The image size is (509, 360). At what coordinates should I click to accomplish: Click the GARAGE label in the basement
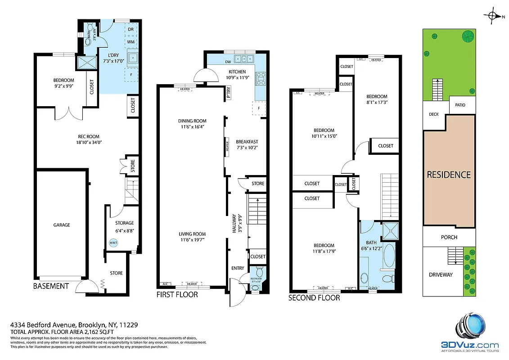tap(62, 225)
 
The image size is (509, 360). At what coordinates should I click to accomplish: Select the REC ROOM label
tap(88, 137)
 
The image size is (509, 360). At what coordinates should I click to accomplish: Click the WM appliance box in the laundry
tap(131, 42)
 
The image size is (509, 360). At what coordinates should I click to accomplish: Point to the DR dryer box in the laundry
tap(131, 30)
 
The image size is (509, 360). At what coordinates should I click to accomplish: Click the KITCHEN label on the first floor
tap(237, 72)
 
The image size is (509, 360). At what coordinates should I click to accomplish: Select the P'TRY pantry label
tap(229, 96)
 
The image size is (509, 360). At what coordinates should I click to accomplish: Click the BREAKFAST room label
tap(247, 142)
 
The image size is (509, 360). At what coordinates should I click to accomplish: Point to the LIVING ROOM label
tap(192, 234)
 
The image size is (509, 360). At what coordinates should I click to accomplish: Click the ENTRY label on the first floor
tap(238, 269)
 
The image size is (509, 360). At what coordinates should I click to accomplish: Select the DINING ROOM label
tap(192, 121)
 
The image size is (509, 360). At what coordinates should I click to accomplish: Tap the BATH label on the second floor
tap(371, 243)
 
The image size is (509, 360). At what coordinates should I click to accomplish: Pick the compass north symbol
tap(494, 16)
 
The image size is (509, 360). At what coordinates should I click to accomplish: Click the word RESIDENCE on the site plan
tap(449, 175)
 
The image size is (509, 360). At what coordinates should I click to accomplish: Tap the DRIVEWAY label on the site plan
tap(440, 274)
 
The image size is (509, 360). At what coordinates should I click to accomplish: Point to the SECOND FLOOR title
tap(314, 297)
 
